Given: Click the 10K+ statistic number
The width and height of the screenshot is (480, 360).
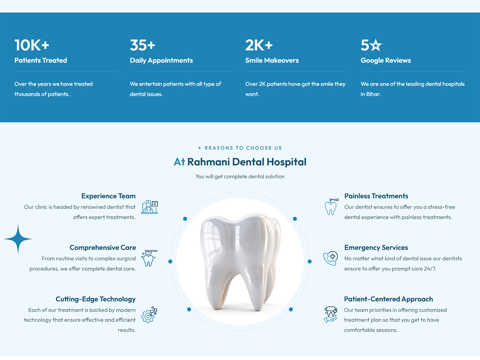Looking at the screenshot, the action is (32, 45).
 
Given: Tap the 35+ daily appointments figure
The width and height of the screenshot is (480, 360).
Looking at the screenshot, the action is (142, 45).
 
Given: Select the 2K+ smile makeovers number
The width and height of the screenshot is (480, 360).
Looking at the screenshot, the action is (259, 45).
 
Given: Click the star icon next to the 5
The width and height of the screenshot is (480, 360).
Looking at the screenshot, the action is (376, 45).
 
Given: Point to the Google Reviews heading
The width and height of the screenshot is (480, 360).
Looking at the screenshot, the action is (386, 60).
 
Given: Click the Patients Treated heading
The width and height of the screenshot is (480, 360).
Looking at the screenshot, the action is (41, 60).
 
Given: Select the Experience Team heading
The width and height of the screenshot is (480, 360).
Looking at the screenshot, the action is (108, 196).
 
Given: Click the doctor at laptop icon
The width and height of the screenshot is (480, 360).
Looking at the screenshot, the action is (149, 207).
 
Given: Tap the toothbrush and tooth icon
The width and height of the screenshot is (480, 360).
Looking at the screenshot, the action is (149, 258).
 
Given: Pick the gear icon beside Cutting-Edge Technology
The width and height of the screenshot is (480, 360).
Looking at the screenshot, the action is (149, 315).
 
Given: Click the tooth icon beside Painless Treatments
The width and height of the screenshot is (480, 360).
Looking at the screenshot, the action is (331, 207).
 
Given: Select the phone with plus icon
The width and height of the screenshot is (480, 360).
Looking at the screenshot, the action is (330, 258).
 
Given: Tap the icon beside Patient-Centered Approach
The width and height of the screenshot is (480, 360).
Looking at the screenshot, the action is (330, 314).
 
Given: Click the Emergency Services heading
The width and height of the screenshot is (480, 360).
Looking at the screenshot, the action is (376, 248).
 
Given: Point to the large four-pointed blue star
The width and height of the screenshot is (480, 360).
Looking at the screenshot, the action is (18, 239).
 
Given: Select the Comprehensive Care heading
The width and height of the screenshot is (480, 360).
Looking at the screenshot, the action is (103, 248).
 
